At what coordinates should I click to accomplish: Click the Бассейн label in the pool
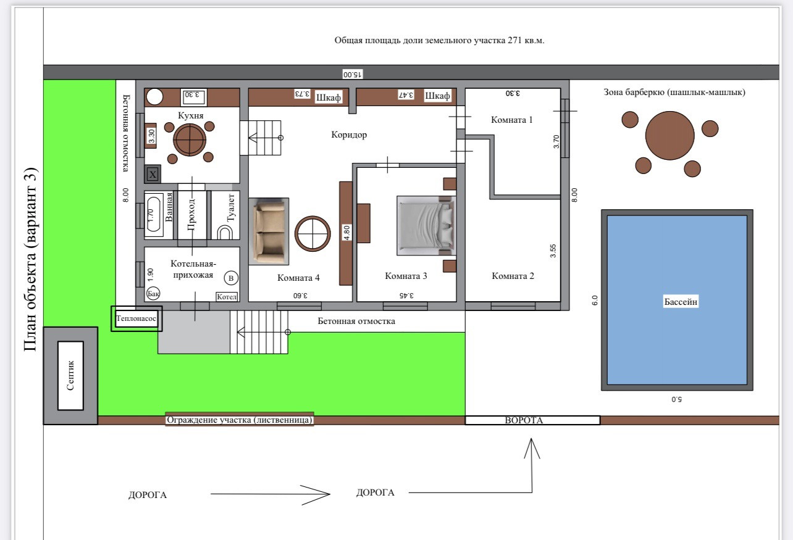click(x=681, y=302)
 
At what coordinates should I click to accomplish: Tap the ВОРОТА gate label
click(x=524, y=420)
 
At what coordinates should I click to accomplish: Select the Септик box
click(x=70, y=375)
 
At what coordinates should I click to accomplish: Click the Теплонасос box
click(x=136, y=318)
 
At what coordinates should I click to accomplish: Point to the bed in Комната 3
click(x=426, y=225)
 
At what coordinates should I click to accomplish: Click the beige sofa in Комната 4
click(x=269, y=231)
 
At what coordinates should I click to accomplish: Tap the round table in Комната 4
click(x=313, y=233)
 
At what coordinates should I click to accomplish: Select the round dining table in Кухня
click(x=190, y=139)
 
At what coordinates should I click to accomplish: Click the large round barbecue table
click(x=669, y=136)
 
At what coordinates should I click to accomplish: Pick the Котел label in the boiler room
click(x=227, y=297)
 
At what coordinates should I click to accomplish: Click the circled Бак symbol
click(x=153, y=294)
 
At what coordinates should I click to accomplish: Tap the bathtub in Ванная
click(x=153, y=214)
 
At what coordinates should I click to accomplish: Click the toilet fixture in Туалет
click(x=224, y=233)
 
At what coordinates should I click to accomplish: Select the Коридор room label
click(x=349, y=135)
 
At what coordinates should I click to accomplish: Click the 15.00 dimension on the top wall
click(x=352, y=74)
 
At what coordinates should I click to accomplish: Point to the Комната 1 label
click(x=511, y=120)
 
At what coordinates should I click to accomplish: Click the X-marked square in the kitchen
click(x=153, y=174)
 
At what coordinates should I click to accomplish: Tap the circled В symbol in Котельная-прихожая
click(x=231, y=278)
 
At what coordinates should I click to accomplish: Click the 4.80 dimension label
click(x=347, y=233)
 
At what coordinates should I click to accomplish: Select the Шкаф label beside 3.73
click(x=328, y=98)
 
